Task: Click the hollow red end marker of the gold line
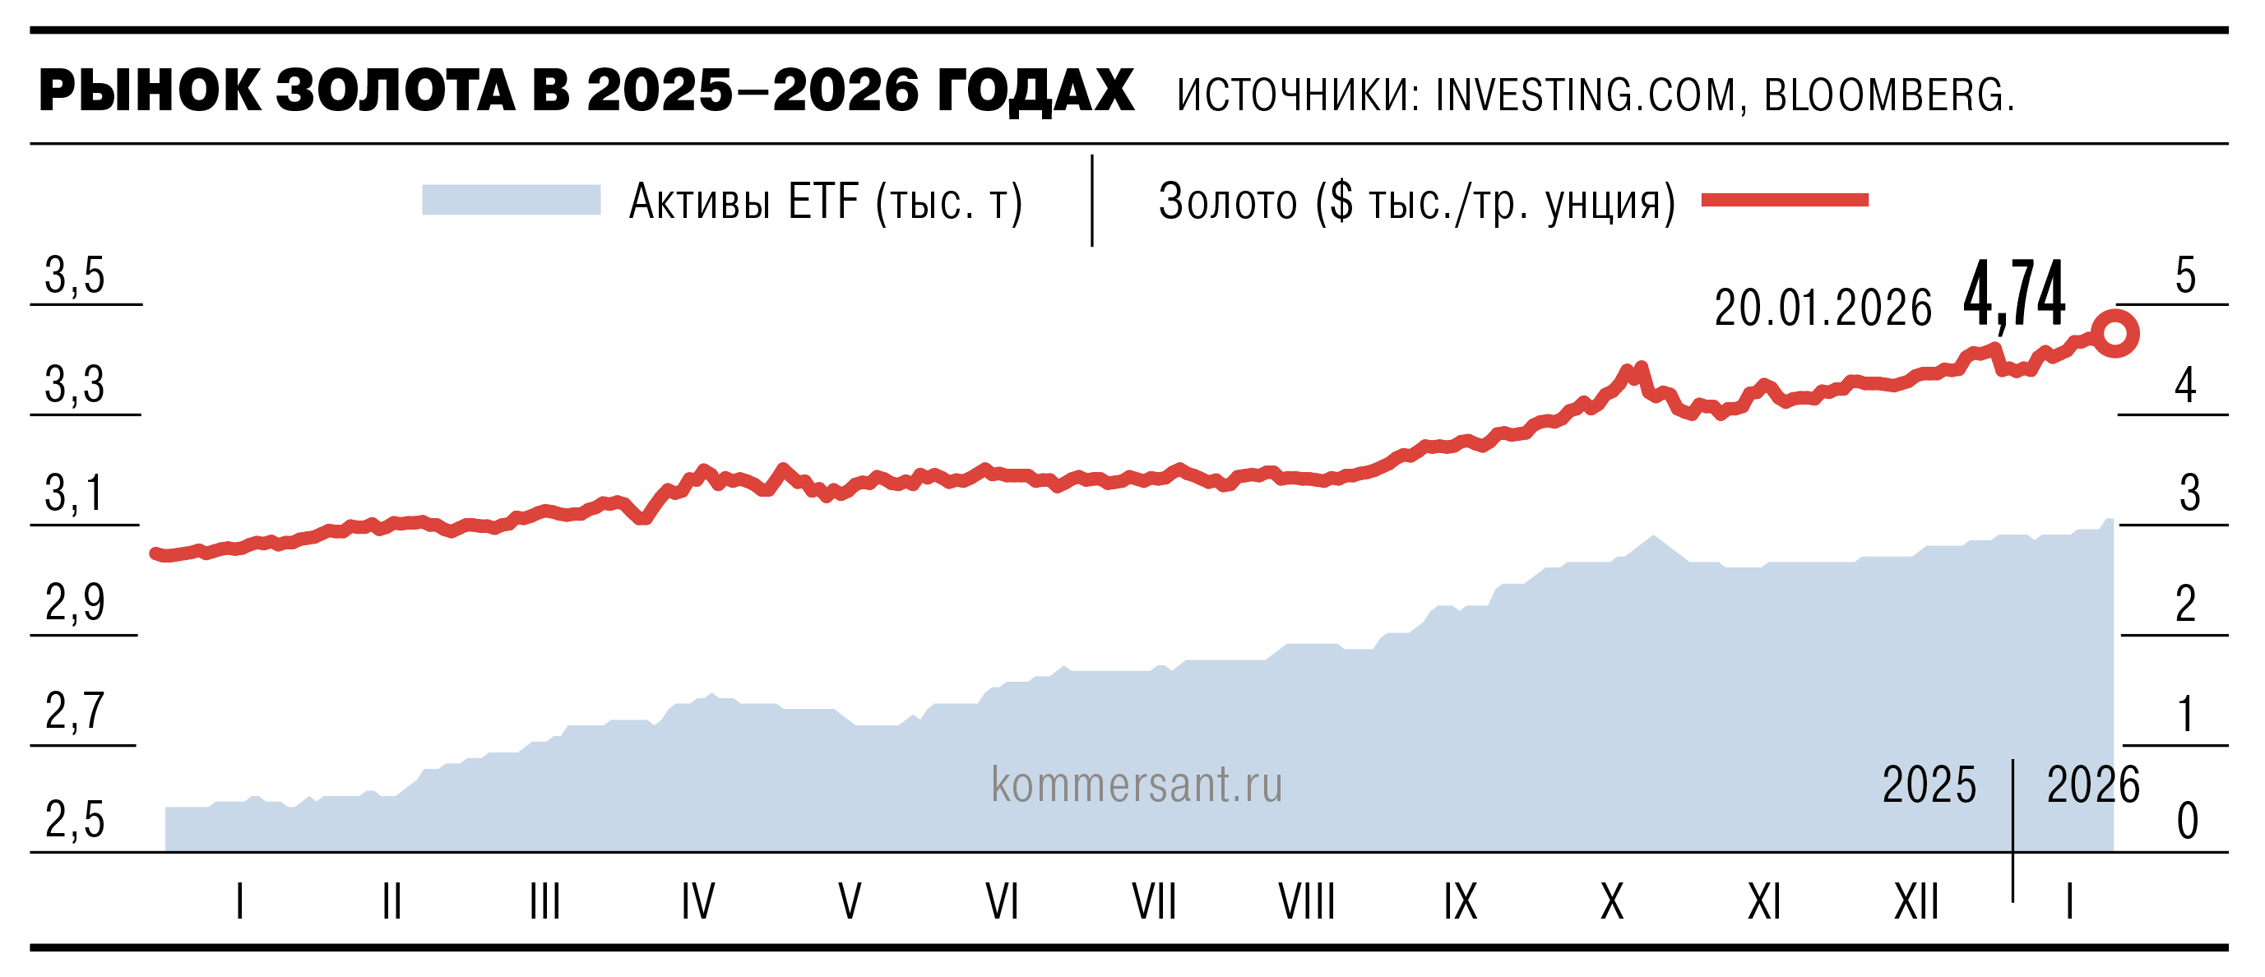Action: click(x=2114, y=334)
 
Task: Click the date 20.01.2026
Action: click(x=1823, y=308)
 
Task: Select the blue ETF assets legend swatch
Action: click(x=511, y=200)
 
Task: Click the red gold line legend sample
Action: click(x=1784, y=201)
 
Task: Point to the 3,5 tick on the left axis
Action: click(x=75, y=276)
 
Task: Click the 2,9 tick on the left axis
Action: click(x=75, y=604)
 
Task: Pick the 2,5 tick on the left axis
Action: click(x=75, y=821)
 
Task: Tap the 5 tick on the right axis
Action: click(x=2185, y=276)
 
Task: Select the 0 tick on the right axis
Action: click(x=2187, y=822)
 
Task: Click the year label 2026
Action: click(x=2092, y=785)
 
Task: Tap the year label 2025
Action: click(x=1929, y=785)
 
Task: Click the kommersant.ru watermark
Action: click(x=1136, y=785)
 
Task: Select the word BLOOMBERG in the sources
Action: click(x=1888, y=95)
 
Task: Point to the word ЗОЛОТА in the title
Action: click(x=396, y=91)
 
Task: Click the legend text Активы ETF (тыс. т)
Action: click(x=826, y=202)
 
